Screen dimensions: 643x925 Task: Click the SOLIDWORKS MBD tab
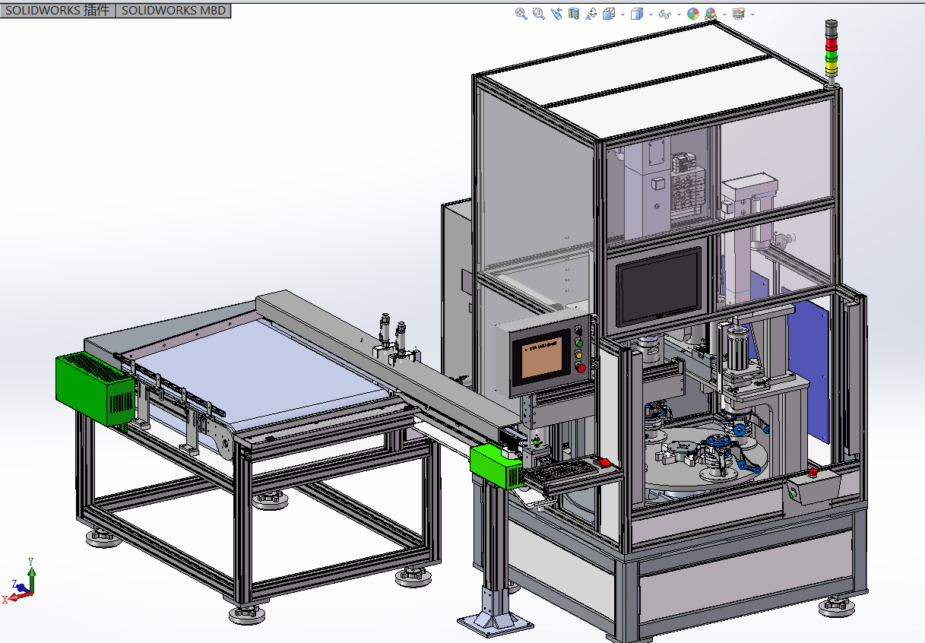click(x=173, y=11)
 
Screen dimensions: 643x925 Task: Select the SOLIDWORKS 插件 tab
click(x=57, y=11)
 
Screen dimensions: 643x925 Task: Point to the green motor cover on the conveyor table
click(x=94, y=388)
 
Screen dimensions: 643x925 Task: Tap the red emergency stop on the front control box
click(x=813, y=474)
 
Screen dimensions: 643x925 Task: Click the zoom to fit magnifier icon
click(x=521, y=14)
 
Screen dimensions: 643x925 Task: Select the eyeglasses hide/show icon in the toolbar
click(x=664, y=14)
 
